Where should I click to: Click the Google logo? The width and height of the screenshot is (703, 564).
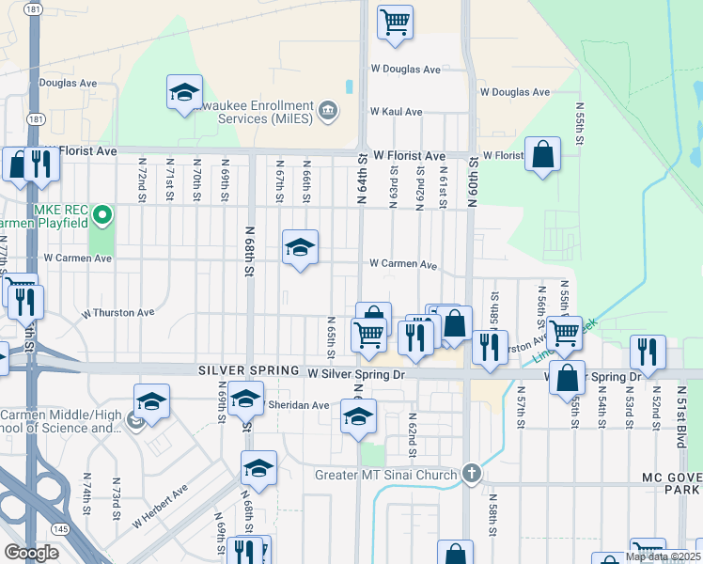click(31, 553)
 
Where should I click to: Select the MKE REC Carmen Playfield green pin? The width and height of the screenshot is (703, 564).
click(104, 216)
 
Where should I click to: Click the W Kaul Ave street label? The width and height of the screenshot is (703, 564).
click(397, 111)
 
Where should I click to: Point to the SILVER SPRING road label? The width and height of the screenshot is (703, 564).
click(249, 372)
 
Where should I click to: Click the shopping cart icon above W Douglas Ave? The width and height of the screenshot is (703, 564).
click(396, 20)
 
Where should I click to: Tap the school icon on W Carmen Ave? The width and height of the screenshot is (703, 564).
click(300, 247)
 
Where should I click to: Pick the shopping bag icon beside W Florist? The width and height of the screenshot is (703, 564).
click(542, 154)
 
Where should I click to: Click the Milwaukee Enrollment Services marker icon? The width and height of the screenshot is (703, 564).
click(328, 111)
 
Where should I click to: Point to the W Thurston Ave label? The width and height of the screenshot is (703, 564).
click(117, 312)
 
